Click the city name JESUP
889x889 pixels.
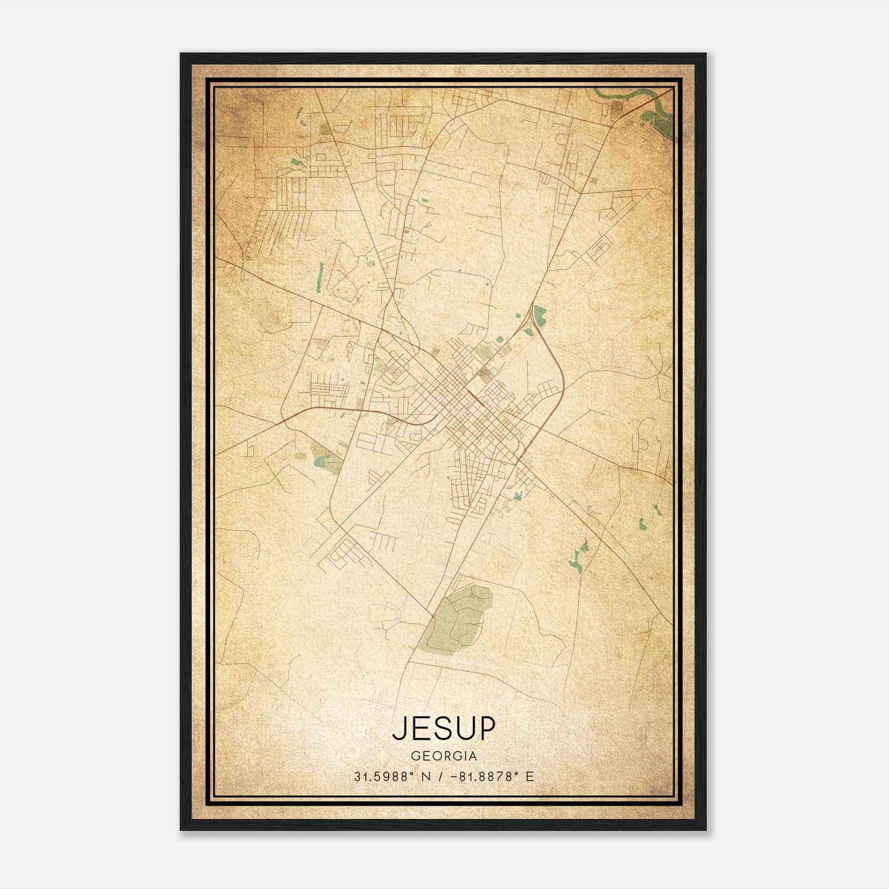tap(443, 728)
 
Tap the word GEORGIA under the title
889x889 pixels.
tap(443, 756)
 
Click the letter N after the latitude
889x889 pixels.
tap(427, 777)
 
